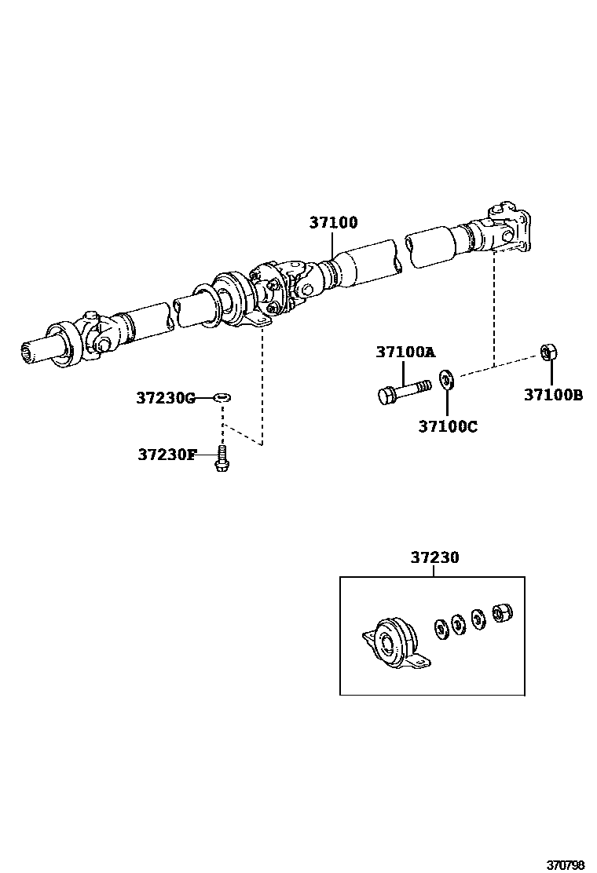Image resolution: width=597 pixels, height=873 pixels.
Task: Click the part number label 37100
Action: coord(332,223)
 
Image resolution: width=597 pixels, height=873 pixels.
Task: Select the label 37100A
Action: coord(405,352)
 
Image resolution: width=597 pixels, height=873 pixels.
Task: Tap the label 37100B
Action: coord(553,396)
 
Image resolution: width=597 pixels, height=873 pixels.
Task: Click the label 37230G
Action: coord(165,398)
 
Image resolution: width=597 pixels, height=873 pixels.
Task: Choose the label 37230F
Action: coord(167,454)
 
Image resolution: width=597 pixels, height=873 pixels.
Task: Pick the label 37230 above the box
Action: coord(434,557)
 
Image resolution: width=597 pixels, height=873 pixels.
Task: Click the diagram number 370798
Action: coord(566,860)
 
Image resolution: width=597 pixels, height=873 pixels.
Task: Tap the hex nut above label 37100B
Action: coord(549,352)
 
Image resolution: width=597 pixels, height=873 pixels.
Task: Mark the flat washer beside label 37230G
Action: coord(222,398)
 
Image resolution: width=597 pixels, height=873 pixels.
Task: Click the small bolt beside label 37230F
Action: coord(222,458)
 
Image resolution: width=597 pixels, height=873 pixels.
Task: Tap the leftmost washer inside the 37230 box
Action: coord(441,627)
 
